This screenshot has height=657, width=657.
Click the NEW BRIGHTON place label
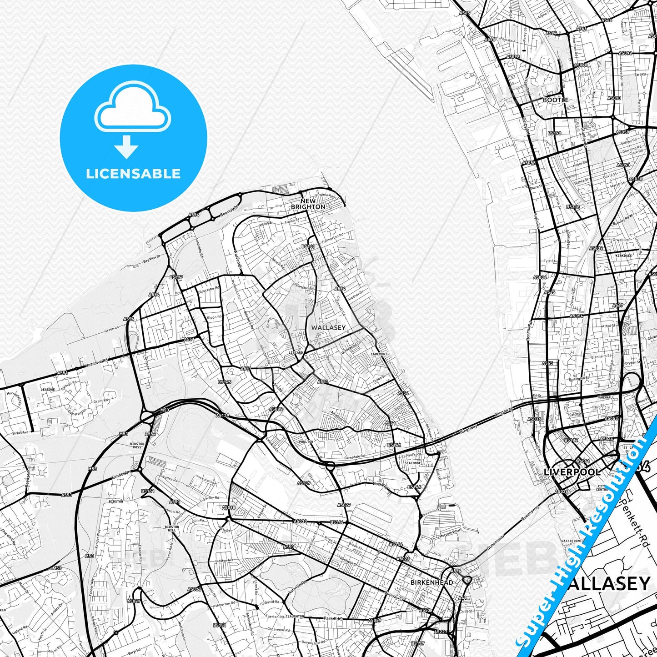tap(308, 204)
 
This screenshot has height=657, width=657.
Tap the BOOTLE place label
tap(556, 100)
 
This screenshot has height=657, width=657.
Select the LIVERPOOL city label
tap(572, 472)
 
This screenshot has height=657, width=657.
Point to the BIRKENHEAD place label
tap(431, 582)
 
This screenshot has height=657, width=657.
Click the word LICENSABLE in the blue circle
tap(133, 174)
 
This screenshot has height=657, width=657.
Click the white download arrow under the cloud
tap(126, 146)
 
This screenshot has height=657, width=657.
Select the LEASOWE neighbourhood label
tap(48, 390)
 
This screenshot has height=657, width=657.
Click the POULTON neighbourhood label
tap(306, 441)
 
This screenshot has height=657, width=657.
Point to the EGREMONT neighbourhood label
tap(379, 354)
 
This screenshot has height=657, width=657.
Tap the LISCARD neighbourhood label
tap(296, 352)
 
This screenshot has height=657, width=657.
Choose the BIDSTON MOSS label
tap(137, 445)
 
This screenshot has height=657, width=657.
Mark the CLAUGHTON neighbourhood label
tap(295, 617)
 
